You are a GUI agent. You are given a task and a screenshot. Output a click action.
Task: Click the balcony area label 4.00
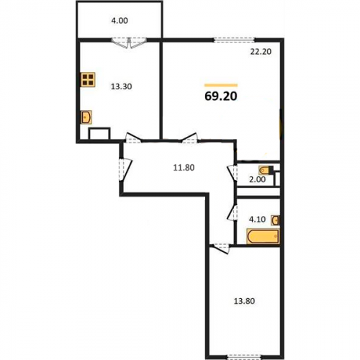tap(120, 21)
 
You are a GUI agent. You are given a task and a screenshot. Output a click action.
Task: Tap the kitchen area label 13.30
tap(122, 86)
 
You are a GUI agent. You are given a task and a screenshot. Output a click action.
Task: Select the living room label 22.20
tap(261, 52)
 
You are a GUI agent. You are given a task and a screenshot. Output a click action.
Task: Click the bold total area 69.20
tap(221, 96)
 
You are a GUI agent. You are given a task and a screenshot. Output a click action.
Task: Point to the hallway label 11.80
tap(184, 168)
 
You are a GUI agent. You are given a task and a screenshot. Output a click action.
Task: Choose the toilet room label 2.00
tap(257, 179)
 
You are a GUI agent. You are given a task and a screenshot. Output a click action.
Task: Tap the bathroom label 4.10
tap(257, 219)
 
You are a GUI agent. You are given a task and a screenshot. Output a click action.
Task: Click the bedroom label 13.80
tap(244, 301)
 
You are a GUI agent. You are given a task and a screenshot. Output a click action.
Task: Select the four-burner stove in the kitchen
tap(88, 79)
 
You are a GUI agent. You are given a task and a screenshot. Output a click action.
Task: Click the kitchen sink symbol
tap(86, 117)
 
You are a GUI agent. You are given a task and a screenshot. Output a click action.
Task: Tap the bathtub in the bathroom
tap(263, 236)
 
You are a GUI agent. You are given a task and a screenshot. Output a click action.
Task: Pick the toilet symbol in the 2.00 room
tap(266, 170)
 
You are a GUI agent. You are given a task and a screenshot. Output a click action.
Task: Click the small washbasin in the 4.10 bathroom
tap(275, 220)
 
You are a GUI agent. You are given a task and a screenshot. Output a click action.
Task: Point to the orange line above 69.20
tap(221, 85)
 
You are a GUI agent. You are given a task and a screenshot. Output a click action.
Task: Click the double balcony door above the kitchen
tap(129, 42)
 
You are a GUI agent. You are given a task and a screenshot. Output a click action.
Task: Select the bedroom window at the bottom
tap(244, 357)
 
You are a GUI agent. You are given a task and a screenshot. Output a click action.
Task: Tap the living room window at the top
tap(234, 40)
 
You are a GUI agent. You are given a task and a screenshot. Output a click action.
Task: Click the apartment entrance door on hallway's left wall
tap(125, 169)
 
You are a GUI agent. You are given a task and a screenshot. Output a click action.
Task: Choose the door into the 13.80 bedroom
tap(222, 248)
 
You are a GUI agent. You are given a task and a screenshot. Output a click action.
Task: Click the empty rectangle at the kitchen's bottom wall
tap(99, 133)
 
